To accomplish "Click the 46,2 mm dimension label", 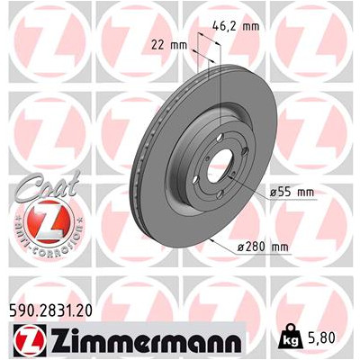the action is coord(236,26).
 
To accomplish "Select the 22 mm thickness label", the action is coord(169,46).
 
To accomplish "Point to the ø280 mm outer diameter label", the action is coord(263,247).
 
